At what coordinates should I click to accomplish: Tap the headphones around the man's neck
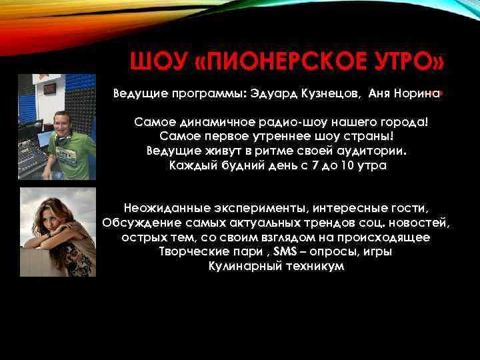(61, 139)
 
